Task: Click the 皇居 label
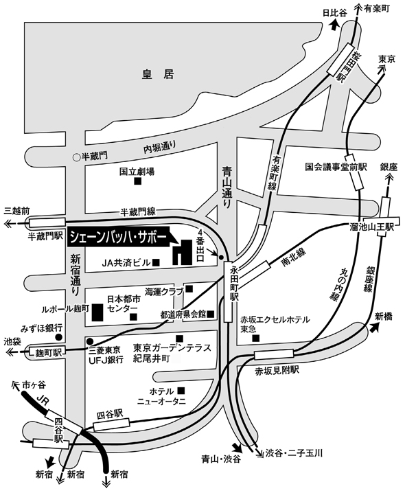158,75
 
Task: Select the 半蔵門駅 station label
47,236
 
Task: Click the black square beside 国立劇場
138,181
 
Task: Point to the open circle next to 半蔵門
76,157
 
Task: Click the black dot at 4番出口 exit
221,257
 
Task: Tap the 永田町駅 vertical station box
228,291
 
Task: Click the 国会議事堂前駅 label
336,167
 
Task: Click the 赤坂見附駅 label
277,371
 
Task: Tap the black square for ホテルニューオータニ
181,391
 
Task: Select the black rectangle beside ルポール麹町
97,312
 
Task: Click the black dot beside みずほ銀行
58,337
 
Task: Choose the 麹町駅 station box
48,352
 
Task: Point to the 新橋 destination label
384,317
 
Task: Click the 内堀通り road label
159,147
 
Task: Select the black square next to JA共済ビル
156,262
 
